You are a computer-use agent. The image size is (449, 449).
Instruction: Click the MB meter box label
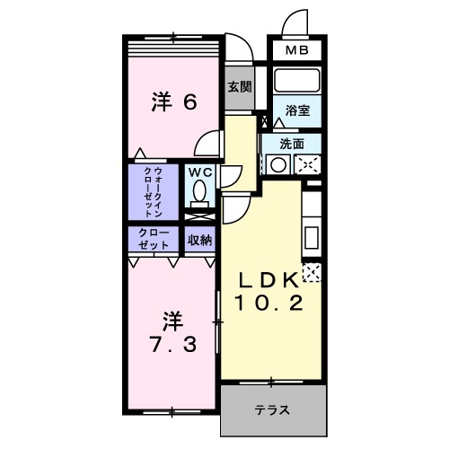pos(296,52)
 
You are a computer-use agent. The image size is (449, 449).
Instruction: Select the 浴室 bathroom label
pos(297,110)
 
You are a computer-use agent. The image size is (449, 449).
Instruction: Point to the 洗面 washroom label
pos(290,143)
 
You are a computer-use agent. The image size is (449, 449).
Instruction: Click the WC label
pos(198,172)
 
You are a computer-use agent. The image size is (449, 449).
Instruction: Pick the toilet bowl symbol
pos(198,192)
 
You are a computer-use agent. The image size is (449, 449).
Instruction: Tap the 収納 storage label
pos(199,240)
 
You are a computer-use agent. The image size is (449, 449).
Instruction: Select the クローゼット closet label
pos(154,240)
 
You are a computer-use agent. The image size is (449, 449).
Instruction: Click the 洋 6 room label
pos(173,101)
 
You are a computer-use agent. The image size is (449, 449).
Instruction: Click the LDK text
pos(266,279)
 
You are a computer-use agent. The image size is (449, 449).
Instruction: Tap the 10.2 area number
pos(268,304)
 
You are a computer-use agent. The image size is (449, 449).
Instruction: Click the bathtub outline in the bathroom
pos(296,81)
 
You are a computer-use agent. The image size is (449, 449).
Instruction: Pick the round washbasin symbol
pos(278,164)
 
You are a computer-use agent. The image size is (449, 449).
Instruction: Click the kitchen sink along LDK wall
pos(311,240)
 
